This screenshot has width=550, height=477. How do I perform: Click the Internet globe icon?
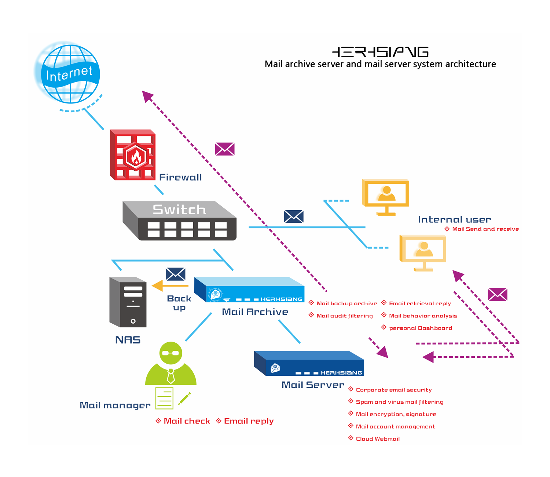pos(70,74)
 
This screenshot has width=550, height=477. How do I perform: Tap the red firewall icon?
pos(133,155)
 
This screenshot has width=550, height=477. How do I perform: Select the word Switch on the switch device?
pos(179,210)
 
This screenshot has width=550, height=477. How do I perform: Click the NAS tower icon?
pos(128,302)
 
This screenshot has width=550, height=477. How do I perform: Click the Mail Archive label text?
pos(255,312)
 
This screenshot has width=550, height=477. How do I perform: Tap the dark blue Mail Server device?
pos(309,363)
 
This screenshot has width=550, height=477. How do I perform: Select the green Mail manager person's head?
pos(171,353)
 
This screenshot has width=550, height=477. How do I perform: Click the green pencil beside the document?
pos(184,398)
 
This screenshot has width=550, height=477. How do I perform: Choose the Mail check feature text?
pos(187,421)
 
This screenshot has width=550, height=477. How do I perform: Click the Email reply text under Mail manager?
pos(249,421)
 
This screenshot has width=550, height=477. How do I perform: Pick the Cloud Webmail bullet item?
pos(378,439)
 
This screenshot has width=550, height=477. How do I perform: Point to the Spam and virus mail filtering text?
pos(400,402)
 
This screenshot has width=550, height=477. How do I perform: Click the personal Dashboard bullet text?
pos(421,328)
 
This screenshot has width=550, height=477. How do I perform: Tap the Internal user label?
pos(454,219)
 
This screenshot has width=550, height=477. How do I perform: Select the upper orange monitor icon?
pos(385,197)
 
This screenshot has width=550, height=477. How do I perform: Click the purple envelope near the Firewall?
pos(224,149)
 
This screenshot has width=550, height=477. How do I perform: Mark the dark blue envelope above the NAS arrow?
pos(176,274)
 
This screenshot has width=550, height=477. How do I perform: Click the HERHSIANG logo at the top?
pos(380,52)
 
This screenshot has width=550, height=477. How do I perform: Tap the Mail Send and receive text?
pos(485,229)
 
